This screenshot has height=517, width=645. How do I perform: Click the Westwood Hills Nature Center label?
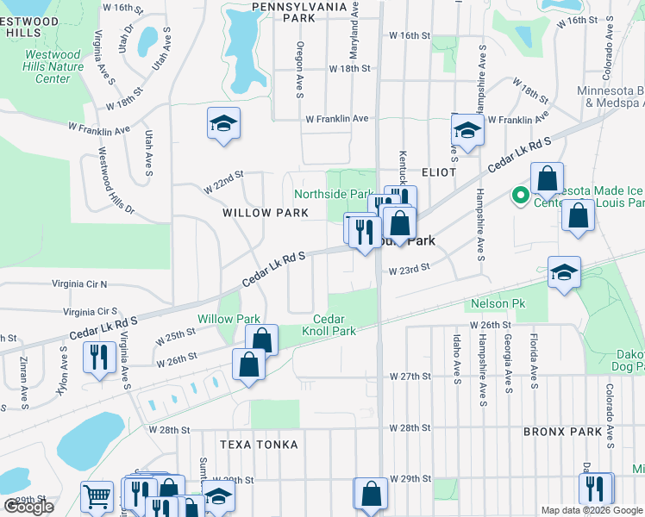[x=53, y=66]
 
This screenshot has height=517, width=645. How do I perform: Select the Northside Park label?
[x=334, y=195]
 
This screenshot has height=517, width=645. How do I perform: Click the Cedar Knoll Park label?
[x=329, y=325]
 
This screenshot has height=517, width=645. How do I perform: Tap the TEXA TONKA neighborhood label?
[x=259, y=445]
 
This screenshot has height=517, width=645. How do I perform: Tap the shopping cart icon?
[x=97, y=496]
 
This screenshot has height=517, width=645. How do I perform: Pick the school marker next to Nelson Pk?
[x=564, y=272]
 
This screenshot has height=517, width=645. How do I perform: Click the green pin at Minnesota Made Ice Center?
[x=521, y=196]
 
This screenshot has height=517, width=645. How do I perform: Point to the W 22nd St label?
[x=224, y=183]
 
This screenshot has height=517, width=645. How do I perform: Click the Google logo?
[x=28, y=507]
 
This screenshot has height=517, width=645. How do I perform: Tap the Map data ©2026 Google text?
[x=592, y=510]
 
